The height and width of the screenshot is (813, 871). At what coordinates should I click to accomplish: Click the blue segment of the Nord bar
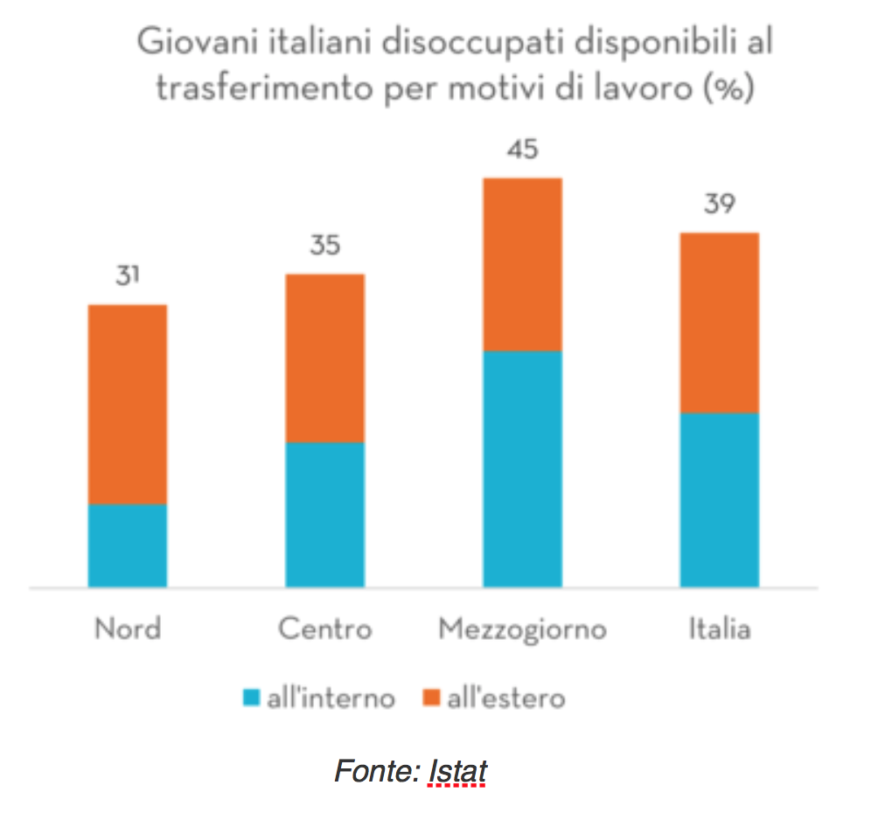click(x=128, y=545)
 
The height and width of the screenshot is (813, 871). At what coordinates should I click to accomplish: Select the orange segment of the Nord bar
click(x=128, y=404)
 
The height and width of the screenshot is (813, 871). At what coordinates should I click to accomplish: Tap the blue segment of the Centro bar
click(x=324, y=514)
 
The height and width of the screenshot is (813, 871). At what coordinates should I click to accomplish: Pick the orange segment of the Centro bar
click(x=324, y=358)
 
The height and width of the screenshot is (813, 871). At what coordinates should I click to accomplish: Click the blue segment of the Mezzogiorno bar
click(x=522, y=469)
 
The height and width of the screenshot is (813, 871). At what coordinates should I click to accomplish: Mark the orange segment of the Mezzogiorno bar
click(x=522, y=264)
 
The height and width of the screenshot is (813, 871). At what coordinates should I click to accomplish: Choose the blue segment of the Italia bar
click(x=719, y=499)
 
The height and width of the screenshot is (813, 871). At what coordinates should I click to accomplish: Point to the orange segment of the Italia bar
click(x=719, y=322)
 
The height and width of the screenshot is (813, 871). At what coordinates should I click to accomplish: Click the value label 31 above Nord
click(x=128, y=277)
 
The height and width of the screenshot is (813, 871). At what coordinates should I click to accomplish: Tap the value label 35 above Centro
click(x=324, y=246)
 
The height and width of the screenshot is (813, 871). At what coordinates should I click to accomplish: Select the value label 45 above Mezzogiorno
click(x=522, y=150)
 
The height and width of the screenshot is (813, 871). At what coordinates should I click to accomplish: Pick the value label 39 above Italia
click(x=719, y=205)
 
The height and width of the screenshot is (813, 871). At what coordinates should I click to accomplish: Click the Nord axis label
click(x=128, y=629)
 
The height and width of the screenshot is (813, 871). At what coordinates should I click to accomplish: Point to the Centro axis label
click(x=324, y=629)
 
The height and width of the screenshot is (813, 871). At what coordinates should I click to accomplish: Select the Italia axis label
click(x=719, y=629)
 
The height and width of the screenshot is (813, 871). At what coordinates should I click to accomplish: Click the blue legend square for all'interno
click(x=252, y=698)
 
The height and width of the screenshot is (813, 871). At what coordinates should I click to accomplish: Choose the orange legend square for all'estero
click(x=431, y=698)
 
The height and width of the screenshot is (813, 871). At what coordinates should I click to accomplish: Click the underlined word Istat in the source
click(x=457, y=773)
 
